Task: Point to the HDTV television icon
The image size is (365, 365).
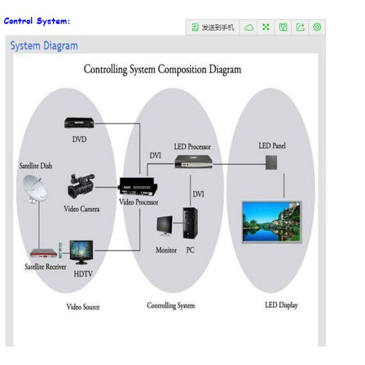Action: click(x=81, y=251)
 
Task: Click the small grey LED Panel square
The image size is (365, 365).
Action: click(x=271, y=162)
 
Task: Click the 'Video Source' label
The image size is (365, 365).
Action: click(x=83, y=307)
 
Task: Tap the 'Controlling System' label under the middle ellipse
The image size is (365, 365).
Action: click(x=171, y=305)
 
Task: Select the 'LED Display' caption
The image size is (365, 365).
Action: click(x=281, y=305)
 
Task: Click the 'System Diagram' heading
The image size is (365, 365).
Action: click(x=44, y=46)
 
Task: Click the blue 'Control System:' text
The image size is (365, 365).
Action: click(x=37, y=21)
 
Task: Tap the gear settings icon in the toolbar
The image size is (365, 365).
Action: click(x=316, y=27)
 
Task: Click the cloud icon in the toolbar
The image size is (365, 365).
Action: click(x=249, y=27)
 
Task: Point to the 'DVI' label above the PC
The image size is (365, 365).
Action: click(x=198, y=193)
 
